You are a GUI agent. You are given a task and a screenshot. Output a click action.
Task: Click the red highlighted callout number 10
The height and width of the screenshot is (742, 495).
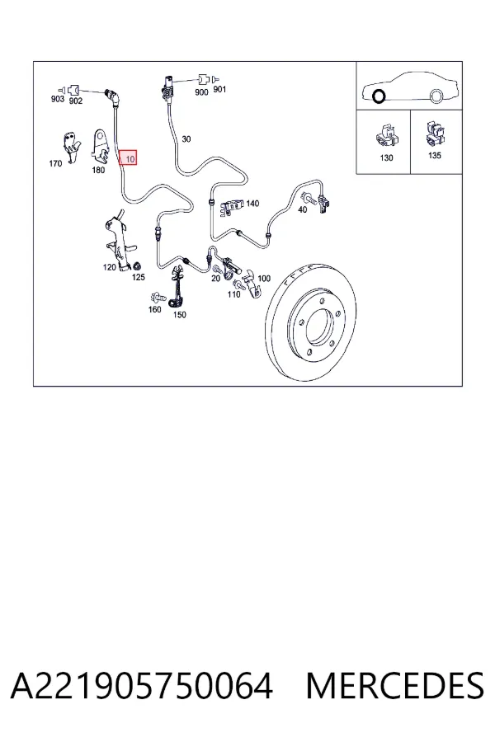pyautogui.click(x=128, y=157)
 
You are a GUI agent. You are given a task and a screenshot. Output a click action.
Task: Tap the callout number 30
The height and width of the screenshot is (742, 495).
pyautogui.click(x=186, y=139)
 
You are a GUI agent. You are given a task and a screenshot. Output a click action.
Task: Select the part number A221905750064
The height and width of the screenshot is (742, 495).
pyautogui.click(x=142, y=686)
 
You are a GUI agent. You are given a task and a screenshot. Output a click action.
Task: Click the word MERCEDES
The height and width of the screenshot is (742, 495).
pyautogui.click(x=394, y=686)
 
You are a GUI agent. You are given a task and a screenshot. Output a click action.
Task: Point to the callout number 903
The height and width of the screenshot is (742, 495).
pyautogui.click(x=57, y=99)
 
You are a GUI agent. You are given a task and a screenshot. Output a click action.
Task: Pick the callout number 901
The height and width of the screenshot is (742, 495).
pyautogui.click(x=219, y=89)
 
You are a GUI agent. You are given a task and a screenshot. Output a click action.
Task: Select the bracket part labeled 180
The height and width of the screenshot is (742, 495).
pyautogui.click(x=101, y=143)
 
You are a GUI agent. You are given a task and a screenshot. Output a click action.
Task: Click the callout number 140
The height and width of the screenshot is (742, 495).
pyautogui.click(x=252, y=203)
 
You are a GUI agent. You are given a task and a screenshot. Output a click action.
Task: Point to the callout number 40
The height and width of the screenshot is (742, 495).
pyautogui.click(x=302, y=209)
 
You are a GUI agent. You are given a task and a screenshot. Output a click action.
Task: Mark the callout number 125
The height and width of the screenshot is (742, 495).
pyautogui.click(x=138, y=277)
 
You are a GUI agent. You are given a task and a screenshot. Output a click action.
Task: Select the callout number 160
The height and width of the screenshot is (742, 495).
pyautogui.click(x=154, y=309)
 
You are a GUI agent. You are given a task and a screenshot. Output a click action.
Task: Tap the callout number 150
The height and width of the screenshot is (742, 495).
pyautogui.click(x=179, y=315)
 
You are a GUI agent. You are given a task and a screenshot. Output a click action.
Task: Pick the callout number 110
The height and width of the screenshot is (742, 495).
pyautogui.click(x=233, y=294)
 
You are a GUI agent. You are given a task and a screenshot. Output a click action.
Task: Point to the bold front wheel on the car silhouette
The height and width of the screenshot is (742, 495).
pyautogui.click(x=379, y=96)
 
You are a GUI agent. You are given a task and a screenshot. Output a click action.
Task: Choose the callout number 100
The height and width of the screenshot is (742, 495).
pyautogui.click(x=264, y=279)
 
